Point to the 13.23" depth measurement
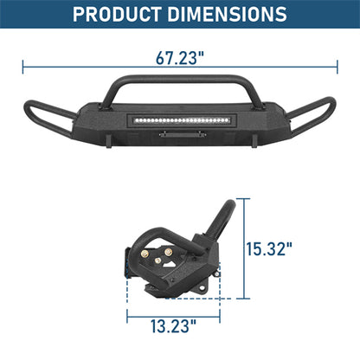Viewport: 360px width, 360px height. tap(171, 326)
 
